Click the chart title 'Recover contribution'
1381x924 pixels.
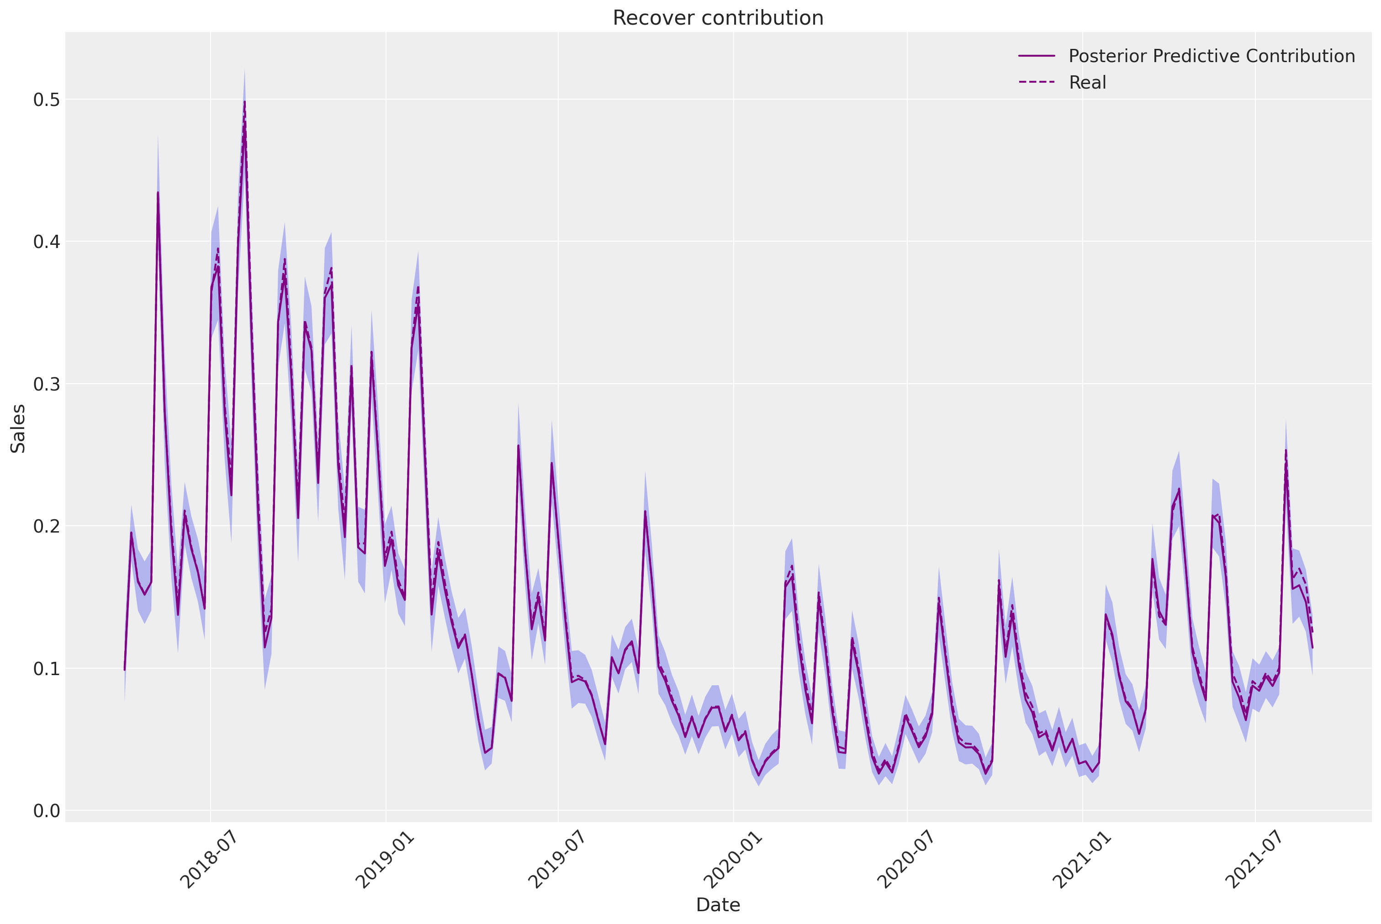717,18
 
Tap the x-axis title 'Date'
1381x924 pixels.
717,904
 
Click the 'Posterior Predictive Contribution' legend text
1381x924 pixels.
1212,56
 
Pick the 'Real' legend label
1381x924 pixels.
1087,83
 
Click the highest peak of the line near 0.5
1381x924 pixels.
244,102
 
